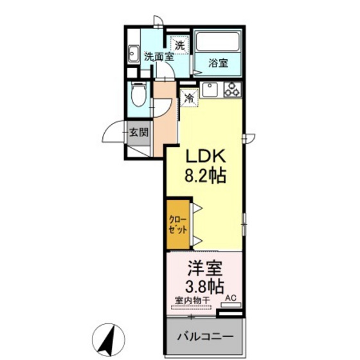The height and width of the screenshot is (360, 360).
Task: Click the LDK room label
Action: point(206,157)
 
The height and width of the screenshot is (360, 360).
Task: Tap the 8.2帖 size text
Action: point(206,175)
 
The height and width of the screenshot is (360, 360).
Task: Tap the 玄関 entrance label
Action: point(138,133)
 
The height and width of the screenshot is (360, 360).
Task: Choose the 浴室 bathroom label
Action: point(219,62)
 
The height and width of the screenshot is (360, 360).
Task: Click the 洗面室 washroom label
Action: point(157,57)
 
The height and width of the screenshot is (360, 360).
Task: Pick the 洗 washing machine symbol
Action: point(180,46)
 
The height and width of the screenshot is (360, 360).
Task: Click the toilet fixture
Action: point(138,96)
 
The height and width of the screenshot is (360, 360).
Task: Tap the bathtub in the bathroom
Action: point(218,44)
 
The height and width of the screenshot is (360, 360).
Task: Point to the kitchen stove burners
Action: point(231,91)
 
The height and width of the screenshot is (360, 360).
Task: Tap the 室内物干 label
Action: point(189,300)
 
